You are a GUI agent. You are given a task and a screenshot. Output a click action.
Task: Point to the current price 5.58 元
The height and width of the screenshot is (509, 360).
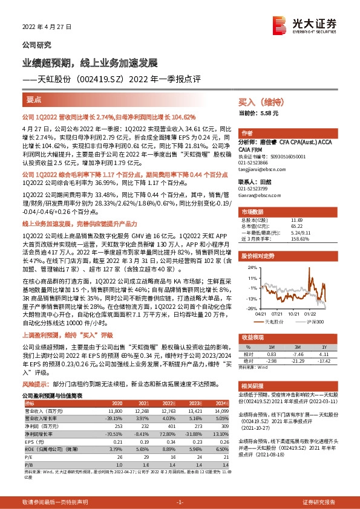point(270,113)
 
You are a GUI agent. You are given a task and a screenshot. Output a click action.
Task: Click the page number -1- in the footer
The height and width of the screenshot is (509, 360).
point(180,502)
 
